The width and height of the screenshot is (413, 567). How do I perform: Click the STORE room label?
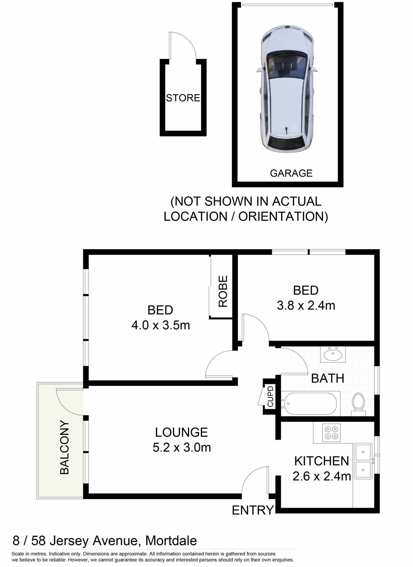pos(183,98)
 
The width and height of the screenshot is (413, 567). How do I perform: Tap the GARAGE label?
pos(291,173)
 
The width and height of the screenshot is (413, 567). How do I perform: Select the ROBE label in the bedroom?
pos(223,291)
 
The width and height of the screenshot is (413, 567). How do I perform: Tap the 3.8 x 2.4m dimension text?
pos(306,305)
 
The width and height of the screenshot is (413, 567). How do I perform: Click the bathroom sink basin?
pos(333,355)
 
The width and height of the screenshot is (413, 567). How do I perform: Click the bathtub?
pos(310,404)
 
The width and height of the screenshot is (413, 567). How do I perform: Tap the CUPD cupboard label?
pos(270,396)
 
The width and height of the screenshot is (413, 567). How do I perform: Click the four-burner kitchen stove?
pos(331,433)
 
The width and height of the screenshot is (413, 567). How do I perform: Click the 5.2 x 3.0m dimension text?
pos(182,447)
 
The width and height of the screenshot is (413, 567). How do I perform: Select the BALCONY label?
pos(64,447)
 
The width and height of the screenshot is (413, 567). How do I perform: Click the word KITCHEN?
pos(322,461)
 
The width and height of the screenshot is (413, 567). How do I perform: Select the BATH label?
pos(328,378)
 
